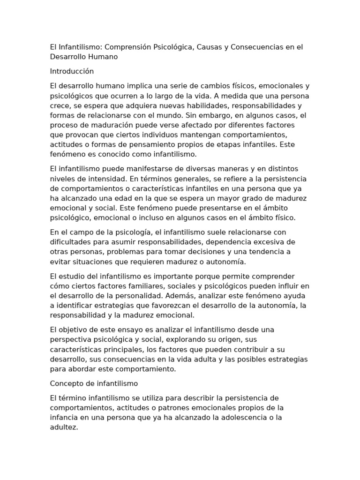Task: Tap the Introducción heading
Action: pos(72,71)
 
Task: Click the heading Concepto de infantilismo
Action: pos(94,383)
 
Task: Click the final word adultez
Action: pos(63,427)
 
